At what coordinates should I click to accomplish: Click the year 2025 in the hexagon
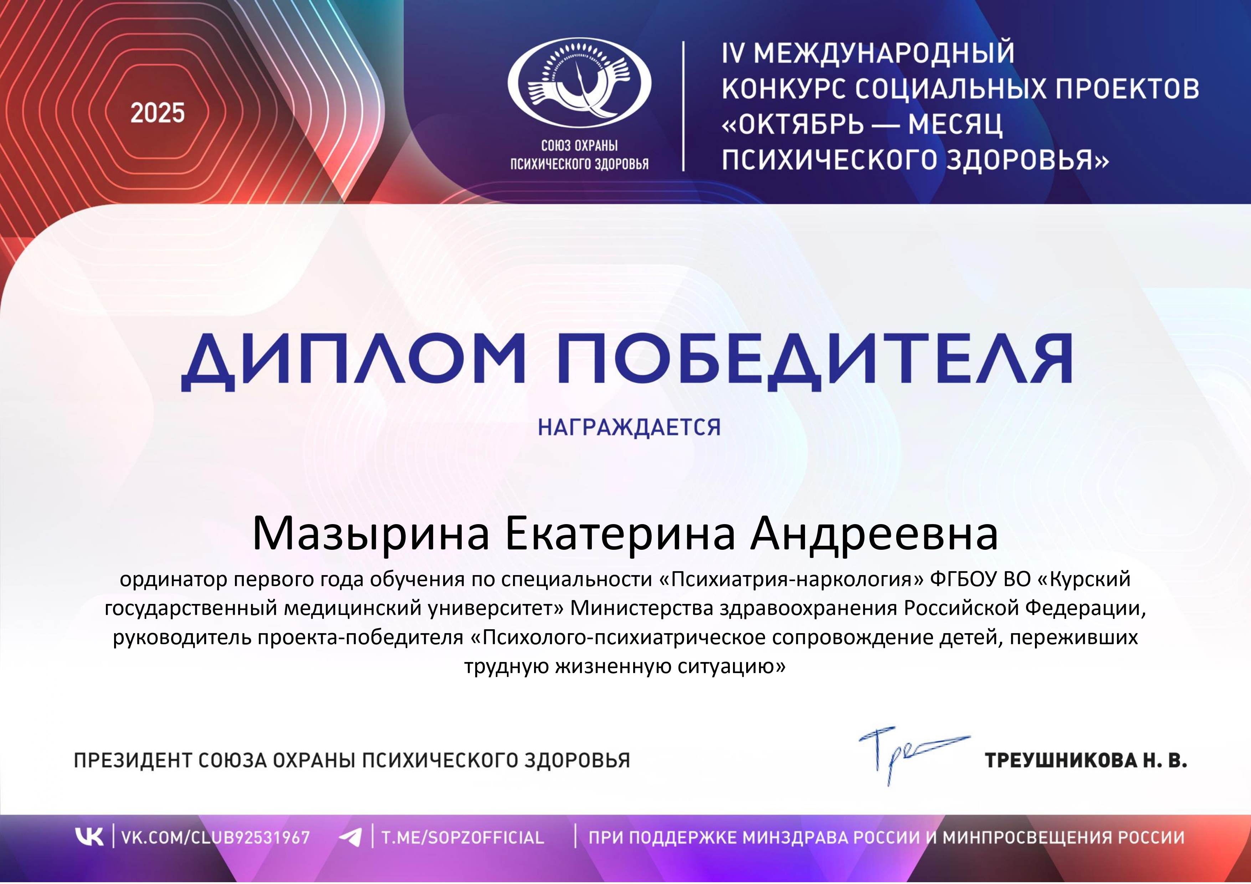[158, 113]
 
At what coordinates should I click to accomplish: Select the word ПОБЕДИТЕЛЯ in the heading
[815, 361]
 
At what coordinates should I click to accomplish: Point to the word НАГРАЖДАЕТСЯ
[629, 428]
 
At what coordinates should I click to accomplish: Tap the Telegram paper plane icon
[350, 837]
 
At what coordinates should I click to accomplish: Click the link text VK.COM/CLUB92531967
[215, 837]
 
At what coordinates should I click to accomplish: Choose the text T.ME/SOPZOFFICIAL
[463, 837]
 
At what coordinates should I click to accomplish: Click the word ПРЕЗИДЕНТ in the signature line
[133, 760]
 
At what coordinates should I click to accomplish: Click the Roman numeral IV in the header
[733, 53]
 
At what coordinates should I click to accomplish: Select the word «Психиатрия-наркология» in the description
[791, 579]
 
